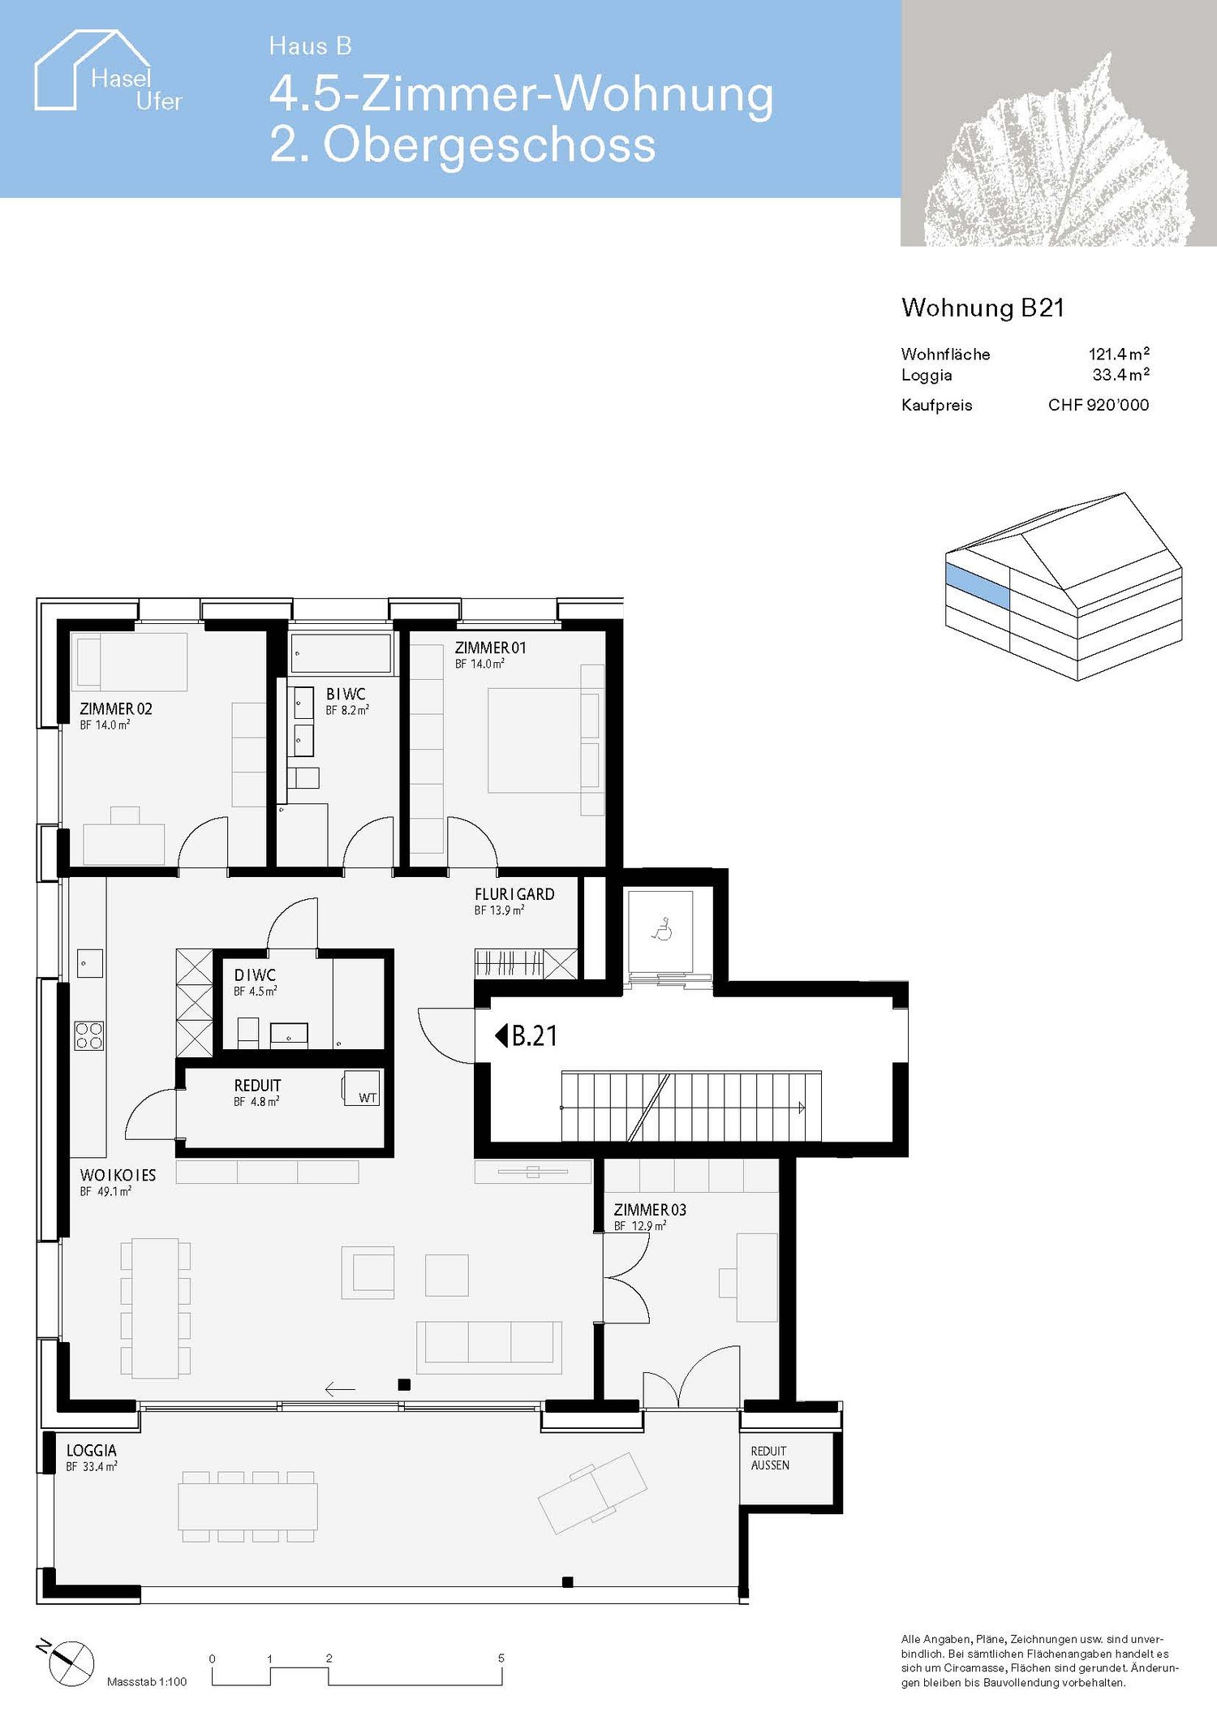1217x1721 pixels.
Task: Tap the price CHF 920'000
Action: [x=1098, y=405]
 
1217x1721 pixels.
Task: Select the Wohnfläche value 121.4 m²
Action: [x=1118, y=354]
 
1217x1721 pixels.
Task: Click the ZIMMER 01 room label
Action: [x=490, y=648]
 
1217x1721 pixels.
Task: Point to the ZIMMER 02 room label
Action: [x=115, y=708]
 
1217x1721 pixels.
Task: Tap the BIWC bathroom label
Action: [x=346, y=694]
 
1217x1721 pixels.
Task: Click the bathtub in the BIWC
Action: [x=340, y=653]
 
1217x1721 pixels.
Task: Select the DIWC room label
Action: [x=255, y=975]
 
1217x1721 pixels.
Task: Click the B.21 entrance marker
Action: [x=527, y=1035]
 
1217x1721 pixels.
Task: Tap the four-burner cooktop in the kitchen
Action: [x=89, y=1035]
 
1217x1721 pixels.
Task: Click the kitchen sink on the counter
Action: [x=89, y=964]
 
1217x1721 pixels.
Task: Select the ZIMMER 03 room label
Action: [x=650, y=1210]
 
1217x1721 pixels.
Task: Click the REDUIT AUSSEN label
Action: [x=769, y=1457]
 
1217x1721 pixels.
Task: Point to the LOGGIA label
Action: [x=92, y=1450]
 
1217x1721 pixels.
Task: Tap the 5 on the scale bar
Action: [x=501, y=1658]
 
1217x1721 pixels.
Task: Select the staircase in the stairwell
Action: [x=690, y=1107]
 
